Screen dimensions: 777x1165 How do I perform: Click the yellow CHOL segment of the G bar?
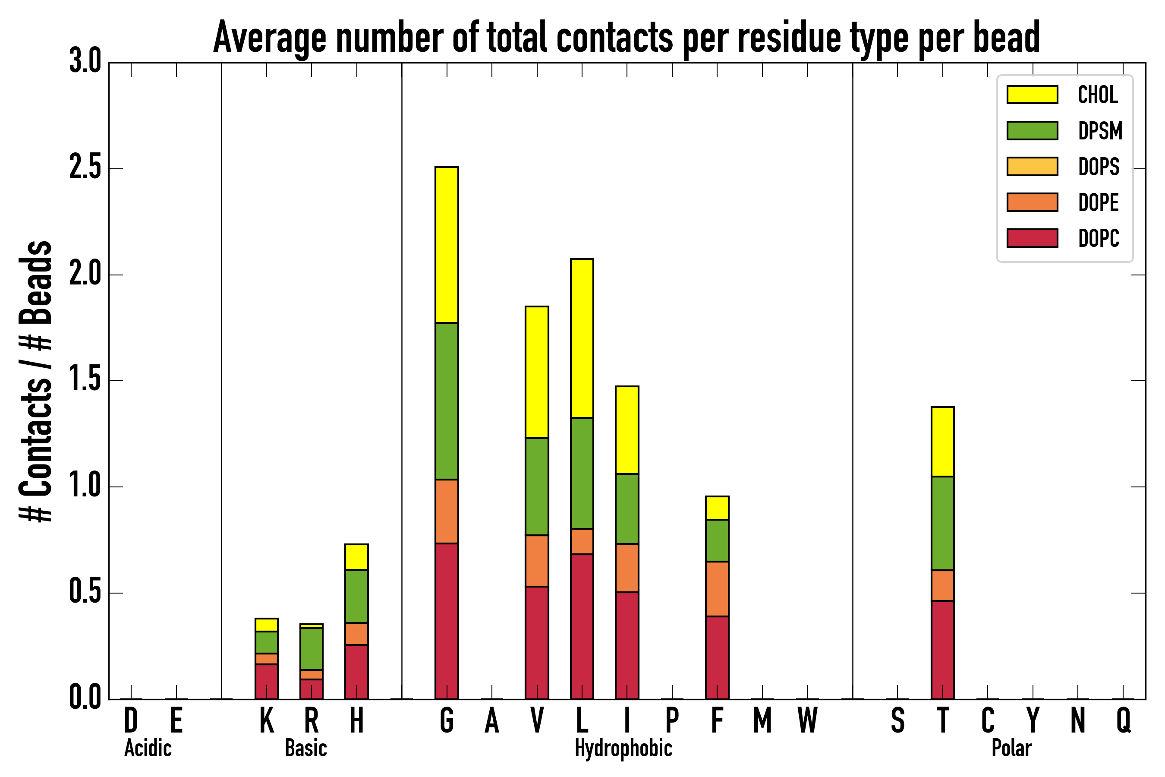click(446, 245)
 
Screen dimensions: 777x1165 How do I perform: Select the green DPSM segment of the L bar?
click(582, 473)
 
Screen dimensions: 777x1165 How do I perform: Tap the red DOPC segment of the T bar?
click(943, 650)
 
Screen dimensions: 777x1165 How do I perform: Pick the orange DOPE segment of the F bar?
click(717, 589)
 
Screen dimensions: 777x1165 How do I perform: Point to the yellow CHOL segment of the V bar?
click(536, 372)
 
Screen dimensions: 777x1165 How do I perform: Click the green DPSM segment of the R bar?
click(311, 649)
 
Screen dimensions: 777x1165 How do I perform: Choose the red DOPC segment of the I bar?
click(627, 645)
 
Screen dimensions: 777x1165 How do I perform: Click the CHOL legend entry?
click(1097, 95)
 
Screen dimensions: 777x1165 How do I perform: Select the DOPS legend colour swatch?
click(1032, 166)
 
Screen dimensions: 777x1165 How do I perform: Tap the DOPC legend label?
click(1098, 238)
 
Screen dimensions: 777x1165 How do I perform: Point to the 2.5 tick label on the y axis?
click(85, 168)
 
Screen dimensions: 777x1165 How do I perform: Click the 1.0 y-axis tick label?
click(85, 486)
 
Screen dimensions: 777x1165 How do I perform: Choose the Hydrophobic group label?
click(623, 748)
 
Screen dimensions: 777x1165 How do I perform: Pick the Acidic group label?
click(148, 748)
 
